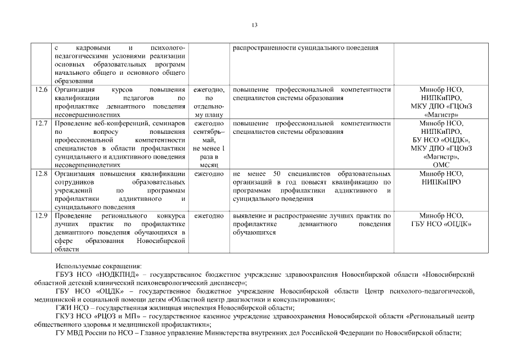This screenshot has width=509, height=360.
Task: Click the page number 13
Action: (x=254, y=25)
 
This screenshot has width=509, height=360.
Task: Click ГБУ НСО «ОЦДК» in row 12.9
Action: (x=441, y=224)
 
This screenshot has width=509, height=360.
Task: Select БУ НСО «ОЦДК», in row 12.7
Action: (x=441, y=140)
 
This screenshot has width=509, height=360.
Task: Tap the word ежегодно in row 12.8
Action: (x=209, y=174)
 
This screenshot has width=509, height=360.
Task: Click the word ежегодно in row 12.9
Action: (x=209, y=216)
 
